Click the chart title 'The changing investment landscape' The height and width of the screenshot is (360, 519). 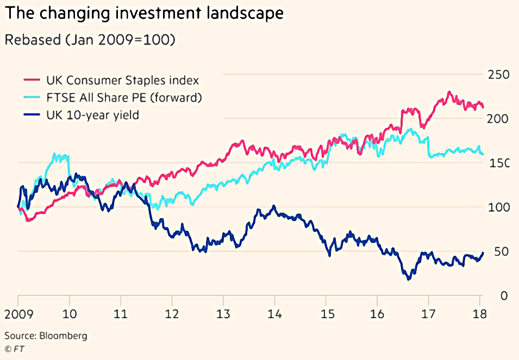point(145,13)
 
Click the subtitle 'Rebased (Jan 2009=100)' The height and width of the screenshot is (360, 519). point(90,40)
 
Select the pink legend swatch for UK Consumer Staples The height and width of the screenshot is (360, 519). point(32,80)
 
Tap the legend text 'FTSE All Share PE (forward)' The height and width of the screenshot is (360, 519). point(124,98)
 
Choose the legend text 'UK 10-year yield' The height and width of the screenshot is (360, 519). point(93,115)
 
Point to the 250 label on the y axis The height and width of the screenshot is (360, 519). point(499,75)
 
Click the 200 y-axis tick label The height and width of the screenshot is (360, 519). point(498,119)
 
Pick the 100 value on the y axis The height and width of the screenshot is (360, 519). point(499,207)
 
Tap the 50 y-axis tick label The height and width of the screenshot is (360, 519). point(502,251)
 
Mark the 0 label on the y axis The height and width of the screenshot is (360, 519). point(504,296)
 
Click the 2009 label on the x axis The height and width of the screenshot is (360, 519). point(19,314)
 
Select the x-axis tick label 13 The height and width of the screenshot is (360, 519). point(223,314)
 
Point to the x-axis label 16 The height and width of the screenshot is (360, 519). point(377,314)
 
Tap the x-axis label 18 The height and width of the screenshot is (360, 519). point(480,314)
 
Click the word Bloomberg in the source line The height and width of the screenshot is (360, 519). point(63,336)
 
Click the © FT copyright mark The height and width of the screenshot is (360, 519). point(15,349)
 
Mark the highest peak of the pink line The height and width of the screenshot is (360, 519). point(449,92)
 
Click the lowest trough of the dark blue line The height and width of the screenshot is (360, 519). point(409,279)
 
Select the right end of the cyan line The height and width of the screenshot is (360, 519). point(483,154)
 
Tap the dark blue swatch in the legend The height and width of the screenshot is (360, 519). point(32,115)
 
